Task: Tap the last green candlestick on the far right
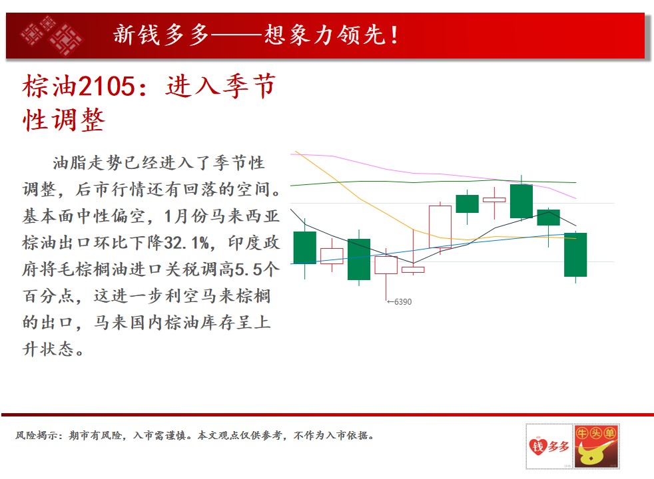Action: pyautogui.click(x=575, y=255)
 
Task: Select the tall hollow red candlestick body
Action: pyautogui.click(x=440, y=227)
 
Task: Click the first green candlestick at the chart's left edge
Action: pyautogui.click(x=305, y=247)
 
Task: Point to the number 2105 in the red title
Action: pyautogui.click(x=107, y=86)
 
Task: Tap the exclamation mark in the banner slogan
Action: pyautogui.click(x=394, y=35)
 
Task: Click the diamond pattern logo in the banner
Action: pyautogui.click(x=52, y=35)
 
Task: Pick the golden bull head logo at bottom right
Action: pyautogui.click(x=596, y=446)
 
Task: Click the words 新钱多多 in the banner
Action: pyautogui.click(x=161, y=35)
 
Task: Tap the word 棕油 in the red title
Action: pyautogui.click(x=50, y=86)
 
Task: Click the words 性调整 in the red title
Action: pyautogui.click(x=63, y=120)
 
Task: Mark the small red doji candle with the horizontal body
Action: pyautogui.click(x=494, y=200)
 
